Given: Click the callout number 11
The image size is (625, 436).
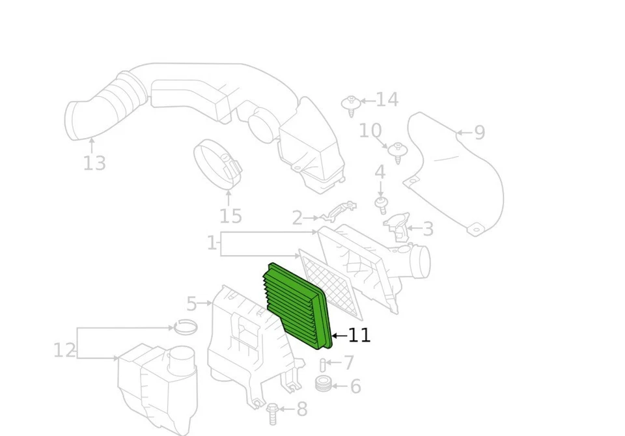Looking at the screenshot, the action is point(359,336).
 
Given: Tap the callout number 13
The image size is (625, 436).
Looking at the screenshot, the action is point(94,163).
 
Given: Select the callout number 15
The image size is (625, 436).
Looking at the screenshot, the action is point(230,216).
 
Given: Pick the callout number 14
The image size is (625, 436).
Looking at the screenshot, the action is point(387,100).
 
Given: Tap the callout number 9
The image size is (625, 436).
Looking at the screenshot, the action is point(480,133).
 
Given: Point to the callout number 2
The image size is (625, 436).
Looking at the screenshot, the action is point(297,218).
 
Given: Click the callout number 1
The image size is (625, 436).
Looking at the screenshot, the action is point(212,243).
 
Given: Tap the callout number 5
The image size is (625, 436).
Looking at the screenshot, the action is point(191,303).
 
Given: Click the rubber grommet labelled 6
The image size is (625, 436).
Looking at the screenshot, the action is point(323,384).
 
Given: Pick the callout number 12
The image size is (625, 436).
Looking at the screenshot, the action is point(64,351).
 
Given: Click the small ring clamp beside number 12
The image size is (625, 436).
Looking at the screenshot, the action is point(186,327).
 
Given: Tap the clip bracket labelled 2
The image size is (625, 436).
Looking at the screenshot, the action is point(340,210).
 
